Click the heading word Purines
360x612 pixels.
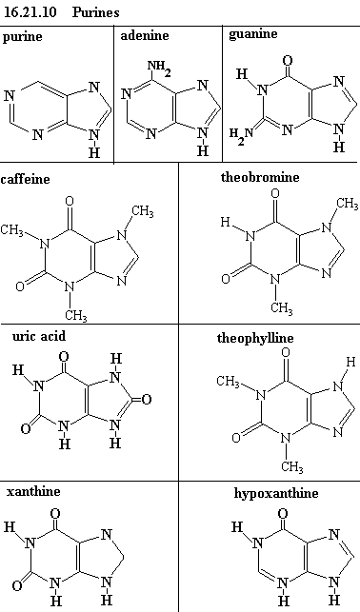pyautogui.click(x=95, y=12)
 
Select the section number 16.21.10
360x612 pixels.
pyautogui.click(x=30, y=12)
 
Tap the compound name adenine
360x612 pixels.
pyautogui.click(x=145, y=35)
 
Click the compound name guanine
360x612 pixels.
pyautogui.click(x=253, y=34)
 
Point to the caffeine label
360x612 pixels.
pyautogui.click(x=26, y=179)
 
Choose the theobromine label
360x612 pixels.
pyautogui.click(x=260, y=177)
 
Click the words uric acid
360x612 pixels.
pyautogui.click(x=39, y=336)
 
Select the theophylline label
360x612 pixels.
pyautogui.click(x=255, y=338)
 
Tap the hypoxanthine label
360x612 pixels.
pyautogui.click(x=275, y=493)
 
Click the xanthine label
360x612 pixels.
pyautogui.click(x=33, y=491)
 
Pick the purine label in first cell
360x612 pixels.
pyautogui.click(x=22, y=37)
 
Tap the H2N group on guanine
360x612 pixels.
pyautogui.click(x=241, y=135)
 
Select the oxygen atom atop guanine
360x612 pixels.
pyautogui.click(x=288, y=61)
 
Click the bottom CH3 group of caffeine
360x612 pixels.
pyautogui.click(x=76, y=315)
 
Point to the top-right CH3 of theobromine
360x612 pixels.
pyautogui.click(x=347, y=204)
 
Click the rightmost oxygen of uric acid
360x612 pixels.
pyautogui.click(x=147, y=400)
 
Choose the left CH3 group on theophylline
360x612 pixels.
pyautogui.click(x=229, y=382)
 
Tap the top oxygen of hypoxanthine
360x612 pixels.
pyautogui.click(x=283, y=513)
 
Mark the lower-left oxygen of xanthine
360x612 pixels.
pyautogui.click(x=17, y=586)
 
